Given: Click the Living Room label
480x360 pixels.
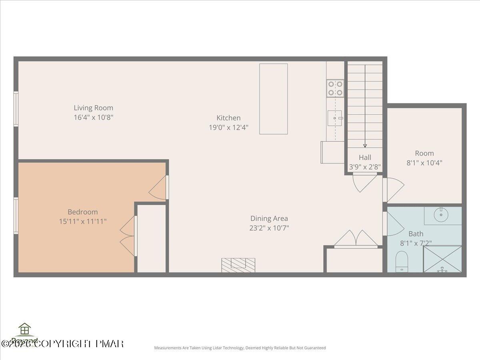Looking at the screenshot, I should (x=93, y=108).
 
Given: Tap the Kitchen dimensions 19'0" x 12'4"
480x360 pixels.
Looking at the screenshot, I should (x=228, y=128).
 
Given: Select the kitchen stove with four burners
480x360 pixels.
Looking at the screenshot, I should (x=335, y=88).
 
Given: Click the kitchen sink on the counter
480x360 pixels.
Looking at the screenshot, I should (x=335, y=118).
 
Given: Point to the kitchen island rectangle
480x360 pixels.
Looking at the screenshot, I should (x=273, y=99).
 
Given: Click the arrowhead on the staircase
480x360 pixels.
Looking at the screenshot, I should (x=365, y=146).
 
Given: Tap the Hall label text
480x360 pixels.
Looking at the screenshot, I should (x=365, y=157).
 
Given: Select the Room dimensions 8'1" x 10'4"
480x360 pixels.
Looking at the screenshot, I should (x=424, y=163).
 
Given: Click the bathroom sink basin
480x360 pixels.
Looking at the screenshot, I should (x=442, y=215).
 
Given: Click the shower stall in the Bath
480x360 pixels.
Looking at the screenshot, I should (x=442, y=259).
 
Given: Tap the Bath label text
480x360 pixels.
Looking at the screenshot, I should (x=416, y=234).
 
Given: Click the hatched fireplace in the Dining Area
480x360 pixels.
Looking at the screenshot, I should (x=238, y=265).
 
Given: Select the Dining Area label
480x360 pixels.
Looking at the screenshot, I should (x=269, y=218).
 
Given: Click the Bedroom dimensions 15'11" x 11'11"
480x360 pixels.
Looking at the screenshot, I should (x=83, y=221).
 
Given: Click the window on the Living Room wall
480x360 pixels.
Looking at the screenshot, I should (x=16, y=109).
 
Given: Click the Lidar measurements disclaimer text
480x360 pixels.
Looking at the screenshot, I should (x=240, y=348).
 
